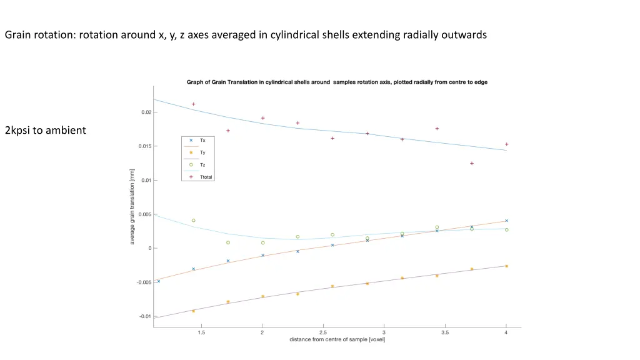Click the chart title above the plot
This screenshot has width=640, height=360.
point(337,82)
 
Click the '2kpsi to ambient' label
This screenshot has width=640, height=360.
point(45,131)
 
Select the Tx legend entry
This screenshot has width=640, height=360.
point(202,141)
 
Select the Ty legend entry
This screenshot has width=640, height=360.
point(202,152)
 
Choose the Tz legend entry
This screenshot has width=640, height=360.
point(202,165)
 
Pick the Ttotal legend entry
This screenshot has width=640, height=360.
point(206,177)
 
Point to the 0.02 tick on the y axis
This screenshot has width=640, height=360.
point(144,112)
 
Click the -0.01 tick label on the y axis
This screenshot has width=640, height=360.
point(144,316)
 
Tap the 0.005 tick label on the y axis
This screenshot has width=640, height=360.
point(144,214)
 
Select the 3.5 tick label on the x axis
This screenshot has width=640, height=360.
point(445,332)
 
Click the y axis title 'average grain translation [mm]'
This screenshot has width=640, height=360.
point(132,206)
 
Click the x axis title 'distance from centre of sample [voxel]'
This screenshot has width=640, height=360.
point(337,339)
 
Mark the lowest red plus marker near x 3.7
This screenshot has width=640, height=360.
point(472,163)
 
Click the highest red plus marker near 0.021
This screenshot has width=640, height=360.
point(194,104)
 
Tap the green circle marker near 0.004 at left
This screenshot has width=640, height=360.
point(194,221)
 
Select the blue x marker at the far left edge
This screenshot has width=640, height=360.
point(158,281)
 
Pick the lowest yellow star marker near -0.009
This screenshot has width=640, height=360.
point(194,311)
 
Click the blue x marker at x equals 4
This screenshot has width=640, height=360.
point(506,221)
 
